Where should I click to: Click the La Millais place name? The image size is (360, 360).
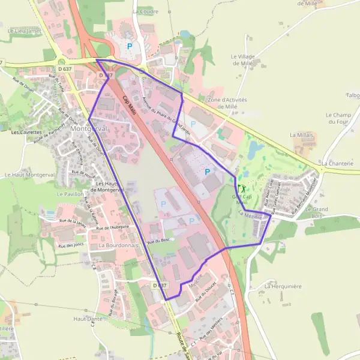click(x=302, y=135)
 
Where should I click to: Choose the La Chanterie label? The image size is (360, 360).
click(x=337, y=163)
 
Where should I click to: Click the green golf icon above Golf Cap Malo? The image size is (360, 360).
click(x=242, y=188)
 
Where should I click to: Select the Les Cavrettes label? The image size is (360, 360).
click(x=26, y=131)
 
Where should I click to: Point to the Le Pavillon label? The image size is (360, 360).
click(x=70, y=194)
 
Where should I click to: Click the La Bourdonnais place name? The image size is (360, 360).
click(x=119, y=245)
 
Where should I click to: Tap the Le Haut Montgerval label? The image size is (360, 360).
click(x=25, y=175)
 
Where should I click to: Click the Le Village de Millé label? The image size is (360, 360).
click(x=244, y=59)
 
